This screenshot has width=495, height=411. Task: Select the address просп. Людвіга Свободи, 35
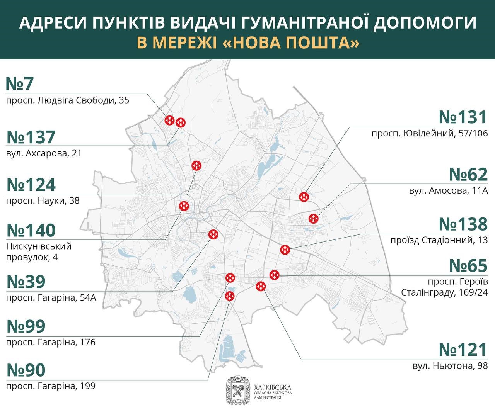68,100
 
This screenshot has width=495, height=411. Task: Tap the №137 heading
31,138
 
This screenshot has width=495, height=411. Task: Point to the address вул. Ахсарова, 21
44,153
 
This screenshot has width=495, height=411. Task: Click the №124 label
31,185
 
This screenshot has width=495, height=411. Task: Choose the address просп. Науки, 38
43,200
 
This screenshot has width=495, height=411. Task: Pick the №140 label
31,230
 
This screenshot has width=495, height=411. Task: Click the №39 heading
26,282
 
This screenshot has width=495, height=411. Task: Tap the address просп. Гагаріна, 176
51,342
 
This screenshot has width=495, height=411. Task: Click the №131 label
463,117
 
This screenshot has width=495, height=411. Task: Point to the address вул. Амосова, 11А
448,190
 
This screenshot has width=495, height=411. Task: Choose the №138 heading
463,224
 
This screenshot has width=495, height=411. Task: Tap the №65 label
468,266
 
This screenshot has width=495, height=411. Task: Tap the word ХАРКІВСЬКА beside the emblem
273,387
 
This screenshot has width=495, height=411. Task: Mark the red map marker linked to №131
304,197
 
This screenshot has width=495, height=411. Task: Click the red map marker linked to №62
314,218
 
